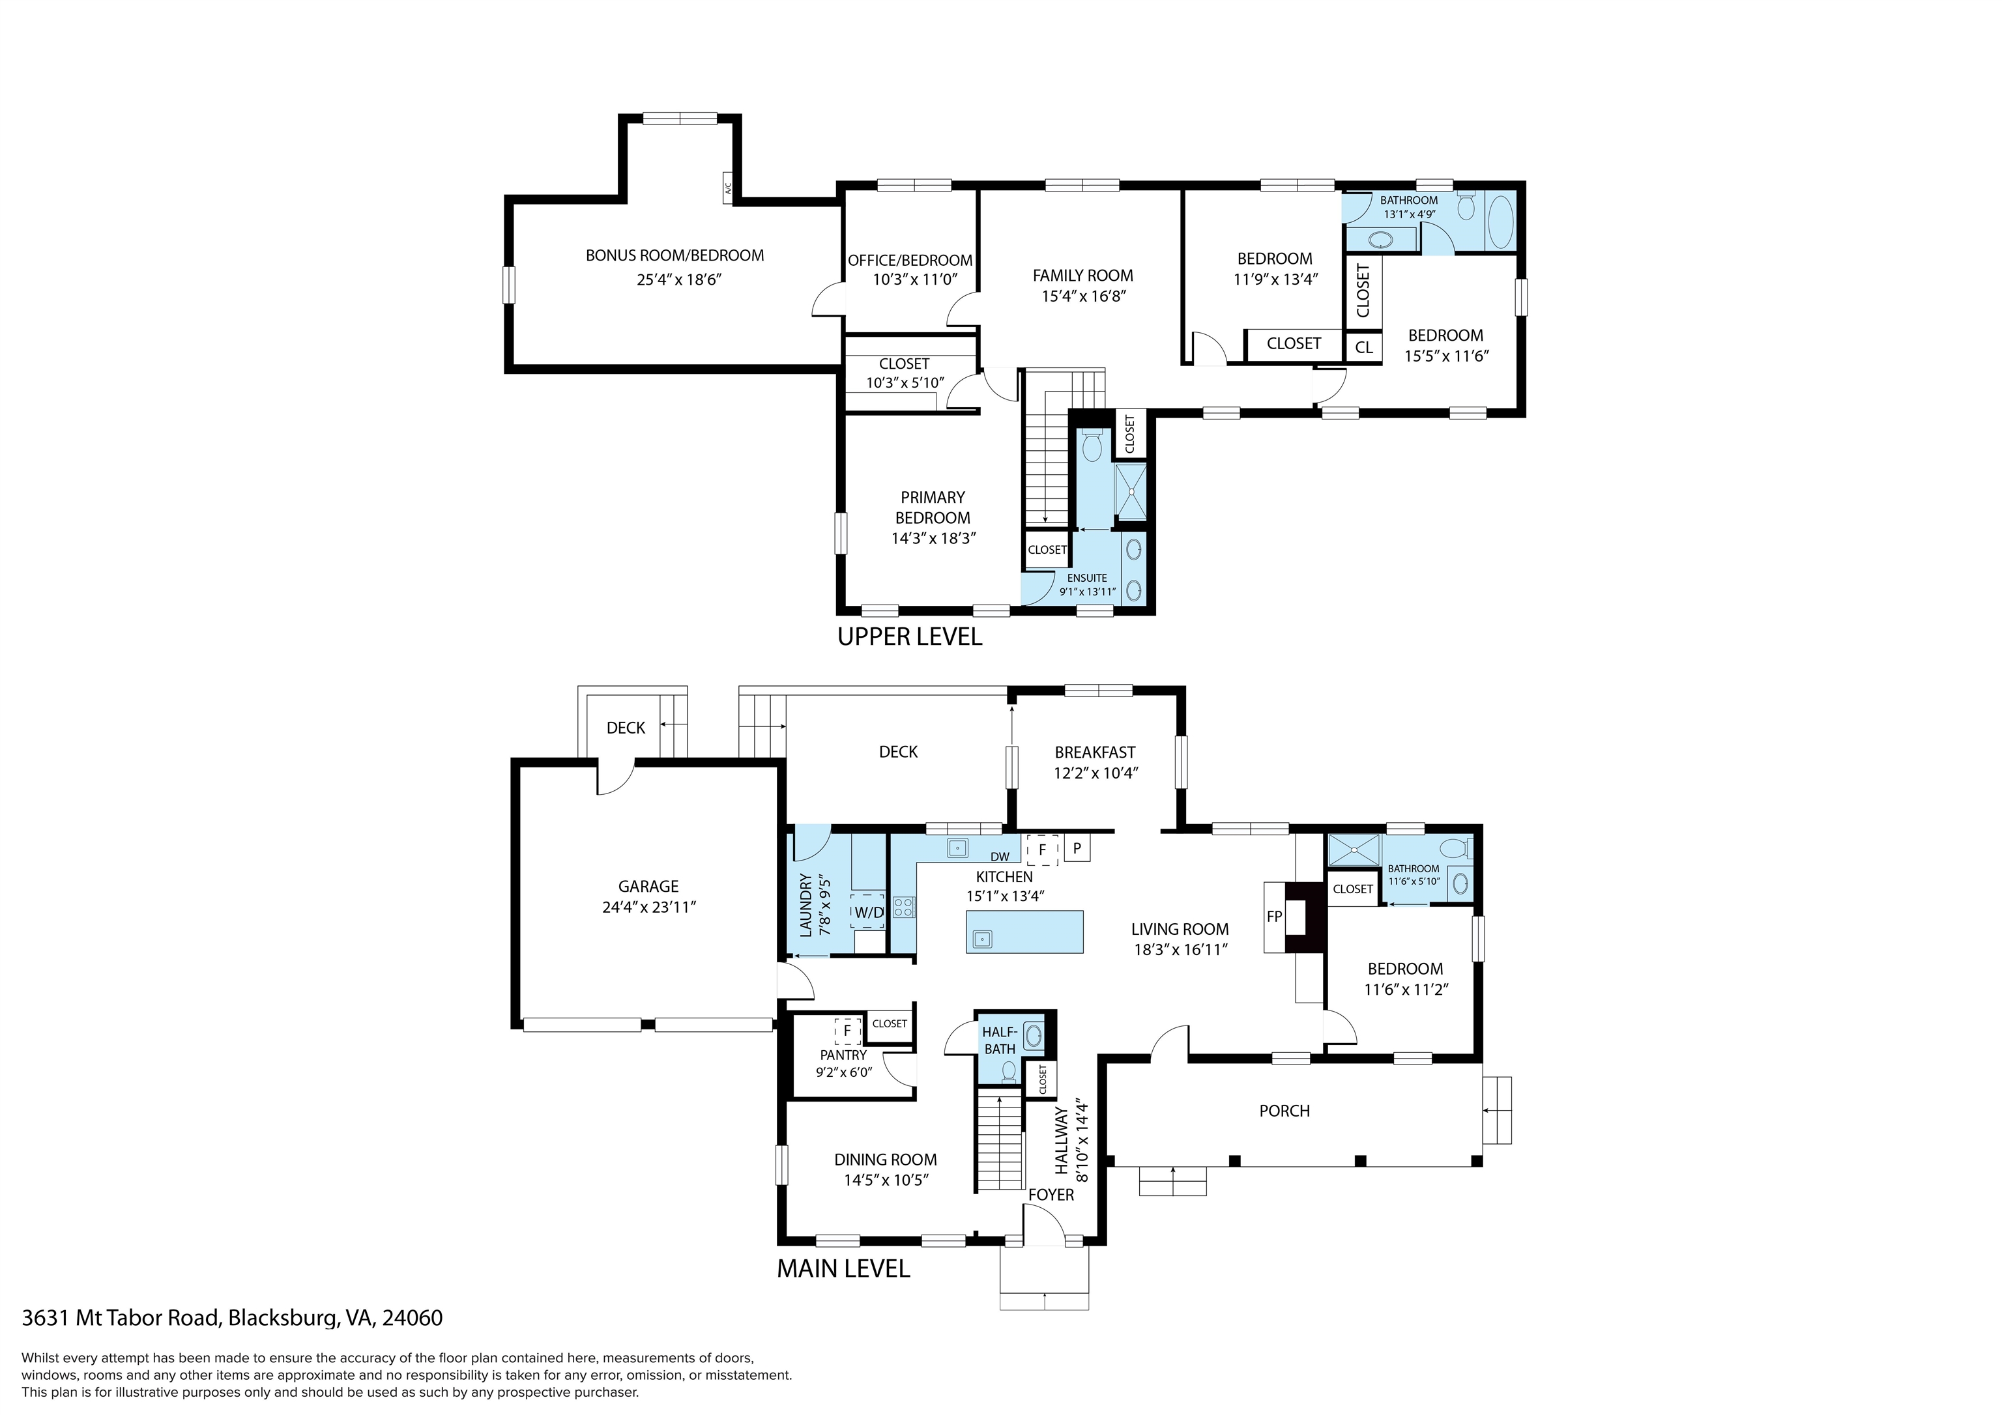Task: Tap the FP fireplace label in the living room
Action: (x=1274, y=917)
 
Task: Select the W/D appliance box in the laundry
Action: (x=867, y=912)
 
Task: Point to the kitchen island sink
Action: (x=983, y=938)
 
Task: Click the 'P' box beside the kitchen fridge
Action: (x=1077, y=848)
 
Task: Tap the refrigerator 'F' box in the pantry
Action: (x=847, y=1031)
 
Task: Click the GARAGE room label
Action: (x=648, y=886)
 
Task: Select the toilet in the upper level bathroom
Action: (x=1466, y=206)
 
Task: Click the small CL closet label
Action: (x=1364, y=347)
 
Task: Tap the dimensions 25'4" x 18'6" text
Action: (x=679, y=280)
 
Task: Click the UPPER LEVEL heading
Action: (x=910, y=636)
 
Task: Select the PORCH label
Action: (x=1284, y=1111)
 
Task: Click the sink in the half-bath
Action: (x=1034, y=1035)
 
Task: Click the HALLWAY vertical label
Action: (x=1061, y=1141)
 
